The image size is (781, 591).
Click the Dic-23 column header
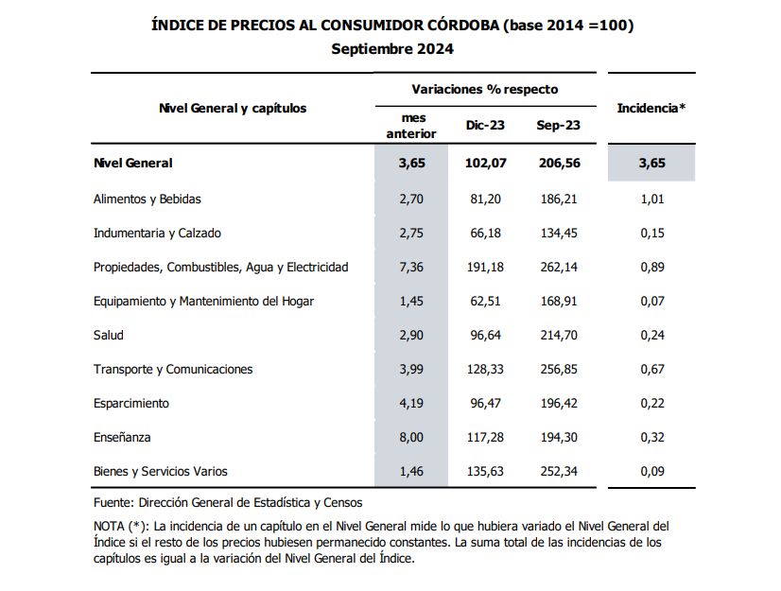point(486,125)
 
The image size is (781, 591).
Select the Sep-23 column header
point(558,125)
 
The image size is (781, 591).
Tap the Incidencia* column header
point(651,108)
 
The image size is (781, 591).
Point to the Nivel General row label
point(133,163)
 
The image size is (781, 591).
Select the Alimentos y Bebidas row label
point(148,199)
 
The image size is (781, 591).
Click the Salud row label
point(109,335)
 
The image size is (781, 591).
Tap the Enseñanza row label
point(122,437)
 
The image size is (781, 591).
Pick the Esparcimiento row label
point(131,403)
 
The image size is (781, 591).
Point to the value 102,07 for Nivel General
point(486,163)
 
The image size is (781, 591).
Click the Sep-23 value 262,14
point(558,267)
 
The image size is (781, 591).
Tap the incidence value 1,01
point(651,199)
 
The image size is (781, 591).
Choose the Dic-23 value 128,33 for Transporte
point(486,369)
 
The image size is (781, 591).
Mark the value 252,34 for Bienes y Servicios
point(558,471)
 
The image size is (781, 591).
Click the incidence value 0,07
point(651,301)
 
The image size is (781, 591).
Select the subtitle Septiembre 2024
point(392,48)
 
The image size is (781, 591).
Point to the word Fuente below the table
point(114,503)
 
